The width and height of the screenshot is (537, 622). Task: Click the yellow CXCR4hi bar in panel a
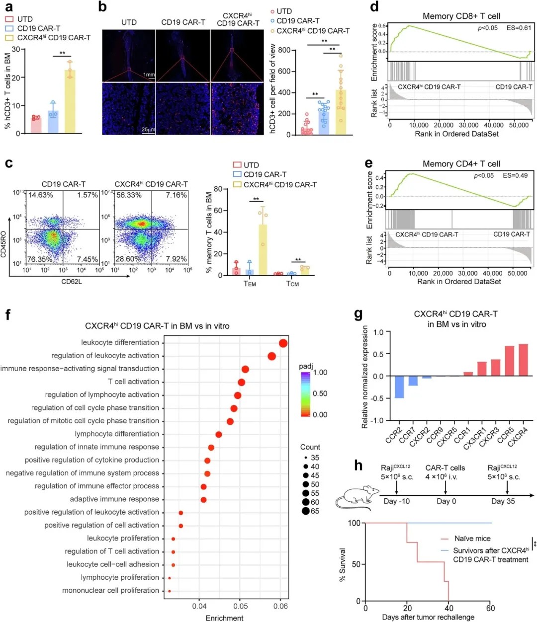tap(70, 102)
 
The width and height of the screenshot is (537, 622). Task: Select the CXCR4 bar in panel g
tap(523, 360)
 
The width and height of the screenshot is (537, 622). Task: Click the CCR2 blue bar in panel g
tap(399, 387)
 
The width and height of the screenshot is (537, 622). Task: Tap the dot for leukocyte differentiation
tap(283, 343)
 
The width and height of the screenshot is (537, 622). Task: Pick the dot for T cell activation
tap(241, 382)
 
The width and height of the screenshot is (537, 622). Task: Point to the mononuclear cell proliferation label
tap(110, 590)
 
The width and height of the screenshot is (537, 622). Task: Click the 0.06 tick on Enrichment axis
tap(280, 606)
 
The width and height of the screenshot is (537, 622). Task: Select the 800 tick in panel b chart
tap(284, 50)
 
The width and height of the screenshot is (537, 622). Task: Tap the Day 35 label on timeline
tap(503, 501)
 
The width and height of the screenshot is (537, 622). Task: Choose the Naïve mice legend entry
tap(472, 539)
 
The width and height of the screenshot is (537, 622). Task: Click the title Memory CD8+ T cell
tap(461, 16)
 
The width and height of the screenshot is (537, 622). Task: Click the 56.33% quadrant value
tap(129, 195)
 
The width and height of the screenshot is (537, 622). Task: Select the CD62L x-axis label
tap(72, 282)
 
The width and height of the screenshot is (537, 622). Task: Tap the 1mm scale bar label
tap(149, 75)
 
